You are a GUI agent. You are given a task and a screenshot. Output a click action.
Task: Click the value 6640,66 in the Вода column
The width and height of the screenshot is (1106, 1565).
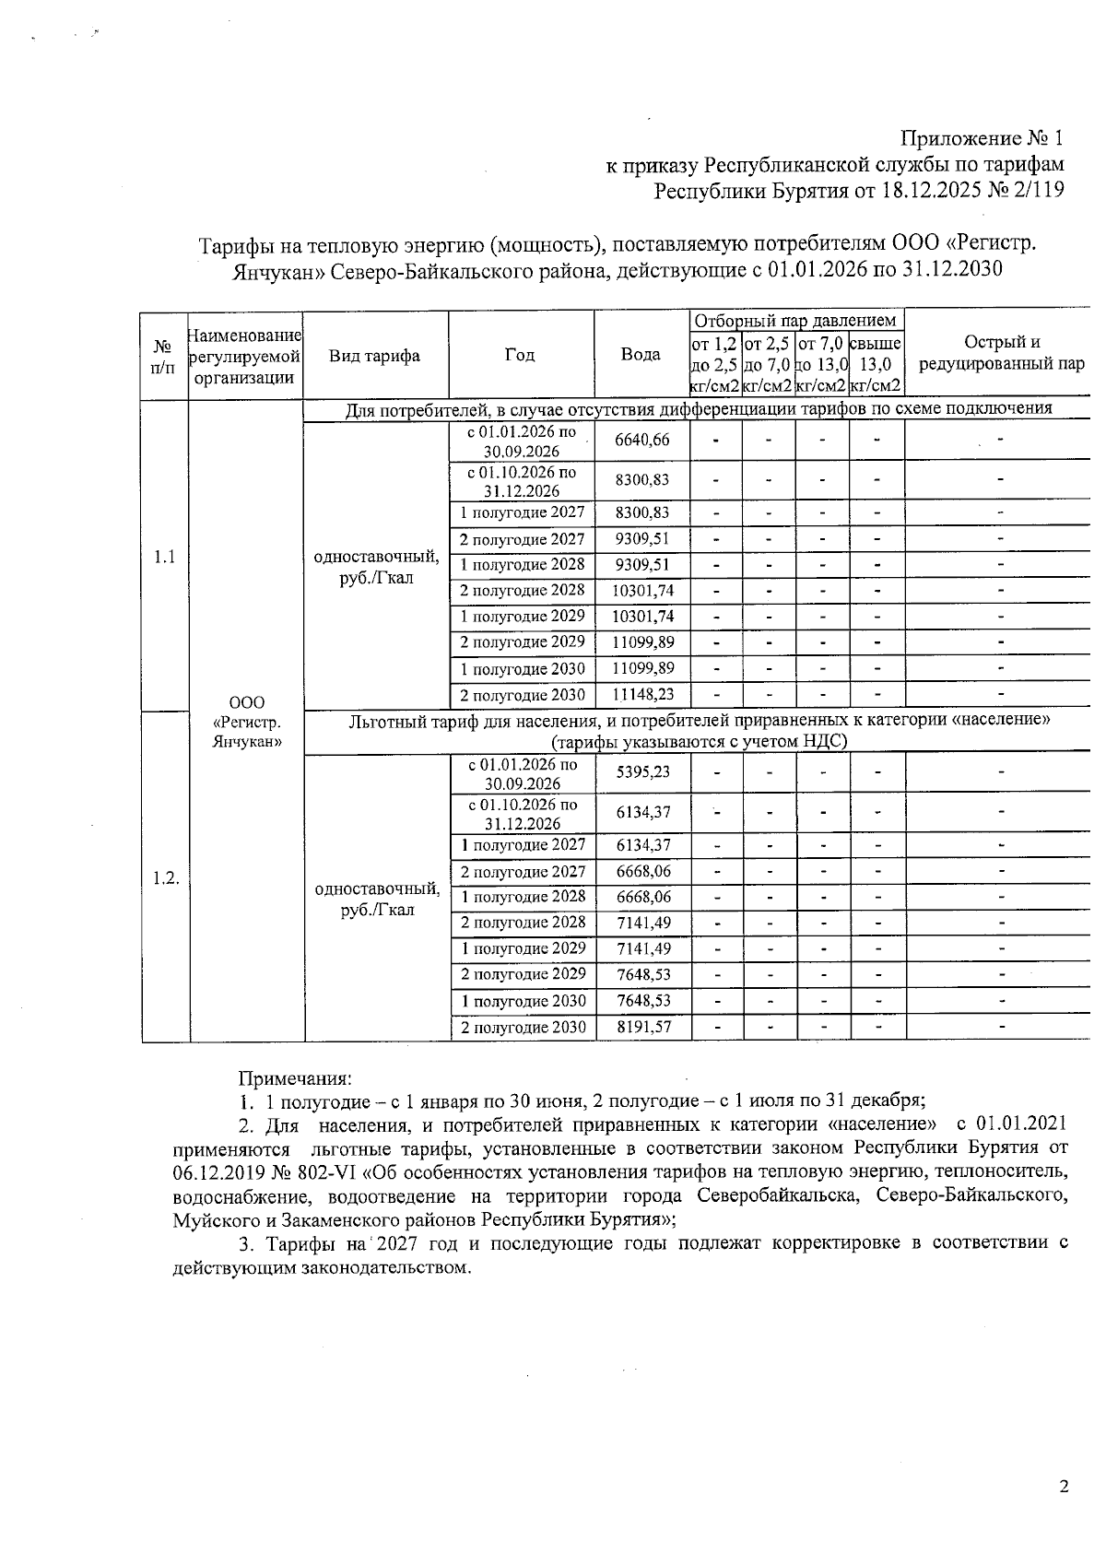[x=642, y=440]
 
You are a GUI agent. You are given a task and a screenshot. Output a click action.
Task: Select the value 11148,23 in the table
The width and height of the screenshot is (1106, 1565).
[x=642, y=695]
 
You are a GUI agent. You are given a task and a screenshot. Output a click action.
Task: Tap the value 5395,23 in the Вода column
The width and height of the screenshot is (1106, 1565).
[x=642, y=772]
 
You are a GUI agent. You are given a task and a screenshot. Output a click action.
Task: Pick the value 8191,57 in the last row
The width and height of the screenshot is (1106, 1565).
[x=642, y=1027]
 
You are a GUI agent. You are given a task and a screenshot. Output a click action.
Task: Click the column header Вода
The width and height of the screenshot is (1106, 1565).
[x=641, y=355]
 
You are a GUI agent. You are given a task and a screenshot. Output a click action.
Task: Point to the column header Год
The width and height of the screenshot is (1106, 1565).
[x=520, y=355]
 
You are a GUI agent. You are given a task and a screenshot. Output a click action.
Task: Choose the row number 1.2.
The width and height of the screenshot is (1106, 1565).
[x=165, y=877]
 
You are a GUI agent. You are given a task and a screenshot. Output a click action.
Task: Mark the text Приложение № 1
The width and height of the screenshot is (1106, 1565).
[x=982, y=139]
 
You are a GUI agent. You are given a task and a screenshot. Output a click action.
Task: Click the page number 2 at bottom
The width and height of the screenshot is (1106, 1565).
[x=1064, y=1486]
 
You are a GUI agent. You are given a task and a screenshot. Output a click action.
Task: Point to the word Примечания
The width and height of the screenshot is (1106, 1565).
[x=295, y=1077]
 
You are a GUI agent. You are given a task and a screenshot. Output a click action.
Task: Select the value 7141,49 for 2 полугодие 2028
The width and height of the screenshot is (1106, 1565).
[x=642, y=923]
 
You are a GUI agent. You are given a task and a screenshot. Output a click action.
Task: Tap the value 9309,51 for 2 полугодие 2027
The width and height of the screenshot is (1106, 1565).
[x=642, y=539]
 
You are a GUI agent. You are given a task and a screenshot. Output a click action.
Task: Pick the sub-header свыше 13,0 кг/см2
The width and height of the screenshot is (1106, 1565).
[x=876, y=364]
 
